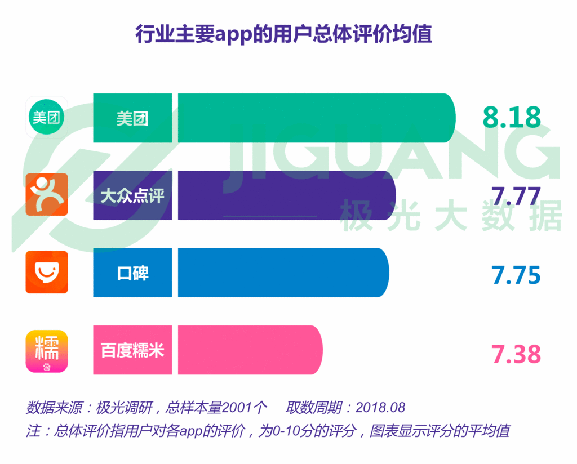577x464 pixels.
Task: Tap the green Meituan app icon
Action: click(x=47, y=118)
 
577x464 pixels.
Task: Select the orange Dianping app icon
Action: click(x=47, y=195)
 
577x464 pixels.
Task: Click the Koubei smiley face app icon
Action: click(x=47, y=272)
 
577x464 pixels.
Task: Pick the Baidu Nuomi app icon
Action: click(x=47, y=351)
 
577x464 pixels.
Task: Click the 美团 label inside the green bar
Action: click(x=132, y=118)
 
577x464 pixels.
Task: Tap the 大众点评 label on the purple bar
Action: click(x=132, y=195)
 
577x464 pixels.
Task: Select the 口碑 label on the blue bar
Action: click(x=132, y=273)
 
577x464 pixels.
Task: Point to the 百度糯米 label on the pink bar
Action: click(x=132, y=350)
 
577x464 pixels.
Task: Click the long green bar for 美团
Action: click(x=316, y=118)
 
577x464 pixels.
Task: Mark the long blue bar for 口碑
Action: click(x=282, y=273)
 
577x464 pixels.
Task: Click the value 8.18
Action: click(x=512, y=117)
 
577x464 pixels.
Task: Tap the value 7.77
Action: click(x=516, y=195)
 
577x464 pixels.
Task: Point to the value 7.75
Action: click(x=516, y=275)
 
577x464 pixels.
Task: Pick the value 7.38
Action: click(x=516, y=354)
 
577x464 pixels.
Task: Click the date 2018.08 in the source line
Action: click(x=380, y=407)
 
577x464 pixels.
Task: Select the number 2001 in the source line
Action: click(x=237, y=407)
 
